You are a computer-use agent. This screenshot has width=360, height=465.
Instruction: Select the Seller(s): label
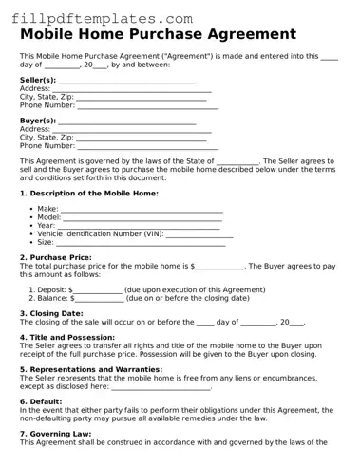pos(38,81)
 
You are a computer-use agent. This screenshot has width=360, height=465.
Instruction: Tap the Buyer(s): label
pos(38,121)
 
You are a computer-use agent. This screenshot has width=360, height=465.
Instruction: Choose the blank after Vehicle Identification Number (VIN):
pos(199,233)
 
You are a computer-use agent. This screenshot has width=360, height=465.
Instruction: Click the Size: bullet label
pos(46,242)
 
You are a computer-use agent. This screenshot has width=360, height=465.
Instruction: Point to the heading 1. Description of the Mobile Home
pos(89,193)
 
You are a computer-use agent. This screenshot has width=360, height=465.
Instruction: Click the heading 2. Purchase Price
pos(55,257)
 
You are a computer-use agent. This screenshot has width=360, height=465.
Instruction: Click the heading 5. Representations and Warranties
pos(91,369)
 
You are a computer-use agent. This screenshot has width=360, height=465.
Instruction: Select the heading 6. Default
pos(41,400)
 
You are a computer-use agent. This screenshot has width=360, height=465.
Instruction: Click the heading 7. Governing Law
pos(55,433)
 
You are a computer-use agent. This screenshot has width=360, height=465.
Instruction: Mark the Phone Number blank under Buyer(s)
pos(147,147)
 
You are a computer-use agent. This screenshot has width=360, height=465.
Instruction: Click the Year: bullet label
pos(47,225)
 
